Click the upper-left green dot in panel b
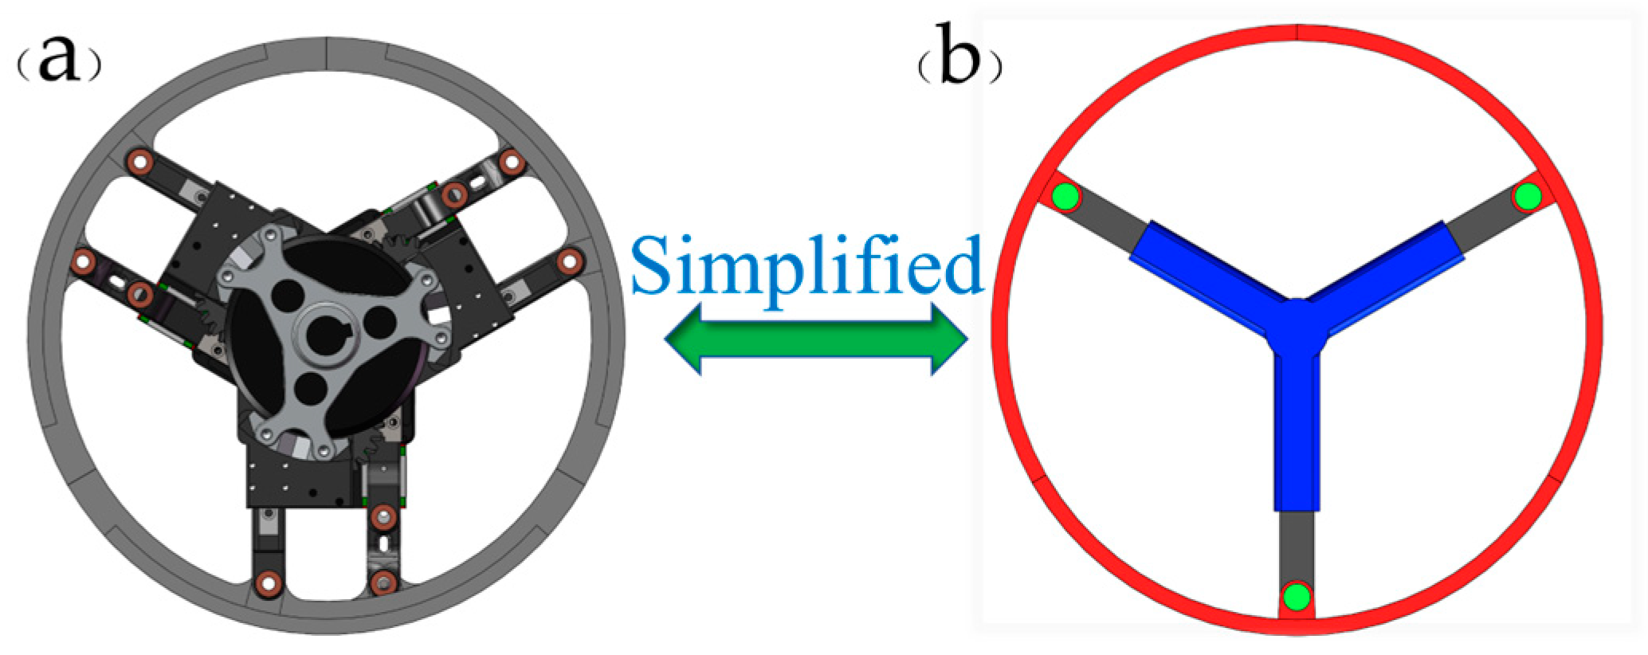click(x=1065, y=196)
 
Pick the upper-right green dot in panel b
click(x=1528, y=196)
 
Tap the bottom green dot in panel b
click(x=1297, y=596)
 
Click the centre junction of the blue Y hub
click(x=1297, y=327)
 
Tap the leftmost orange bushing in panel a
click(x=82, y=261)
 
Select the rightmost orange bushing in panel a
click(x=570, y=261)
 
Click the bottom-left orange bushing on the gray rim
click(x=269, y=583)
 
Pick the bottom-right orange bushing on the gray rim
click(x=383, y=583)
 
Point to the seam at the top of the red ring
click(x=1297, y=31)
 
